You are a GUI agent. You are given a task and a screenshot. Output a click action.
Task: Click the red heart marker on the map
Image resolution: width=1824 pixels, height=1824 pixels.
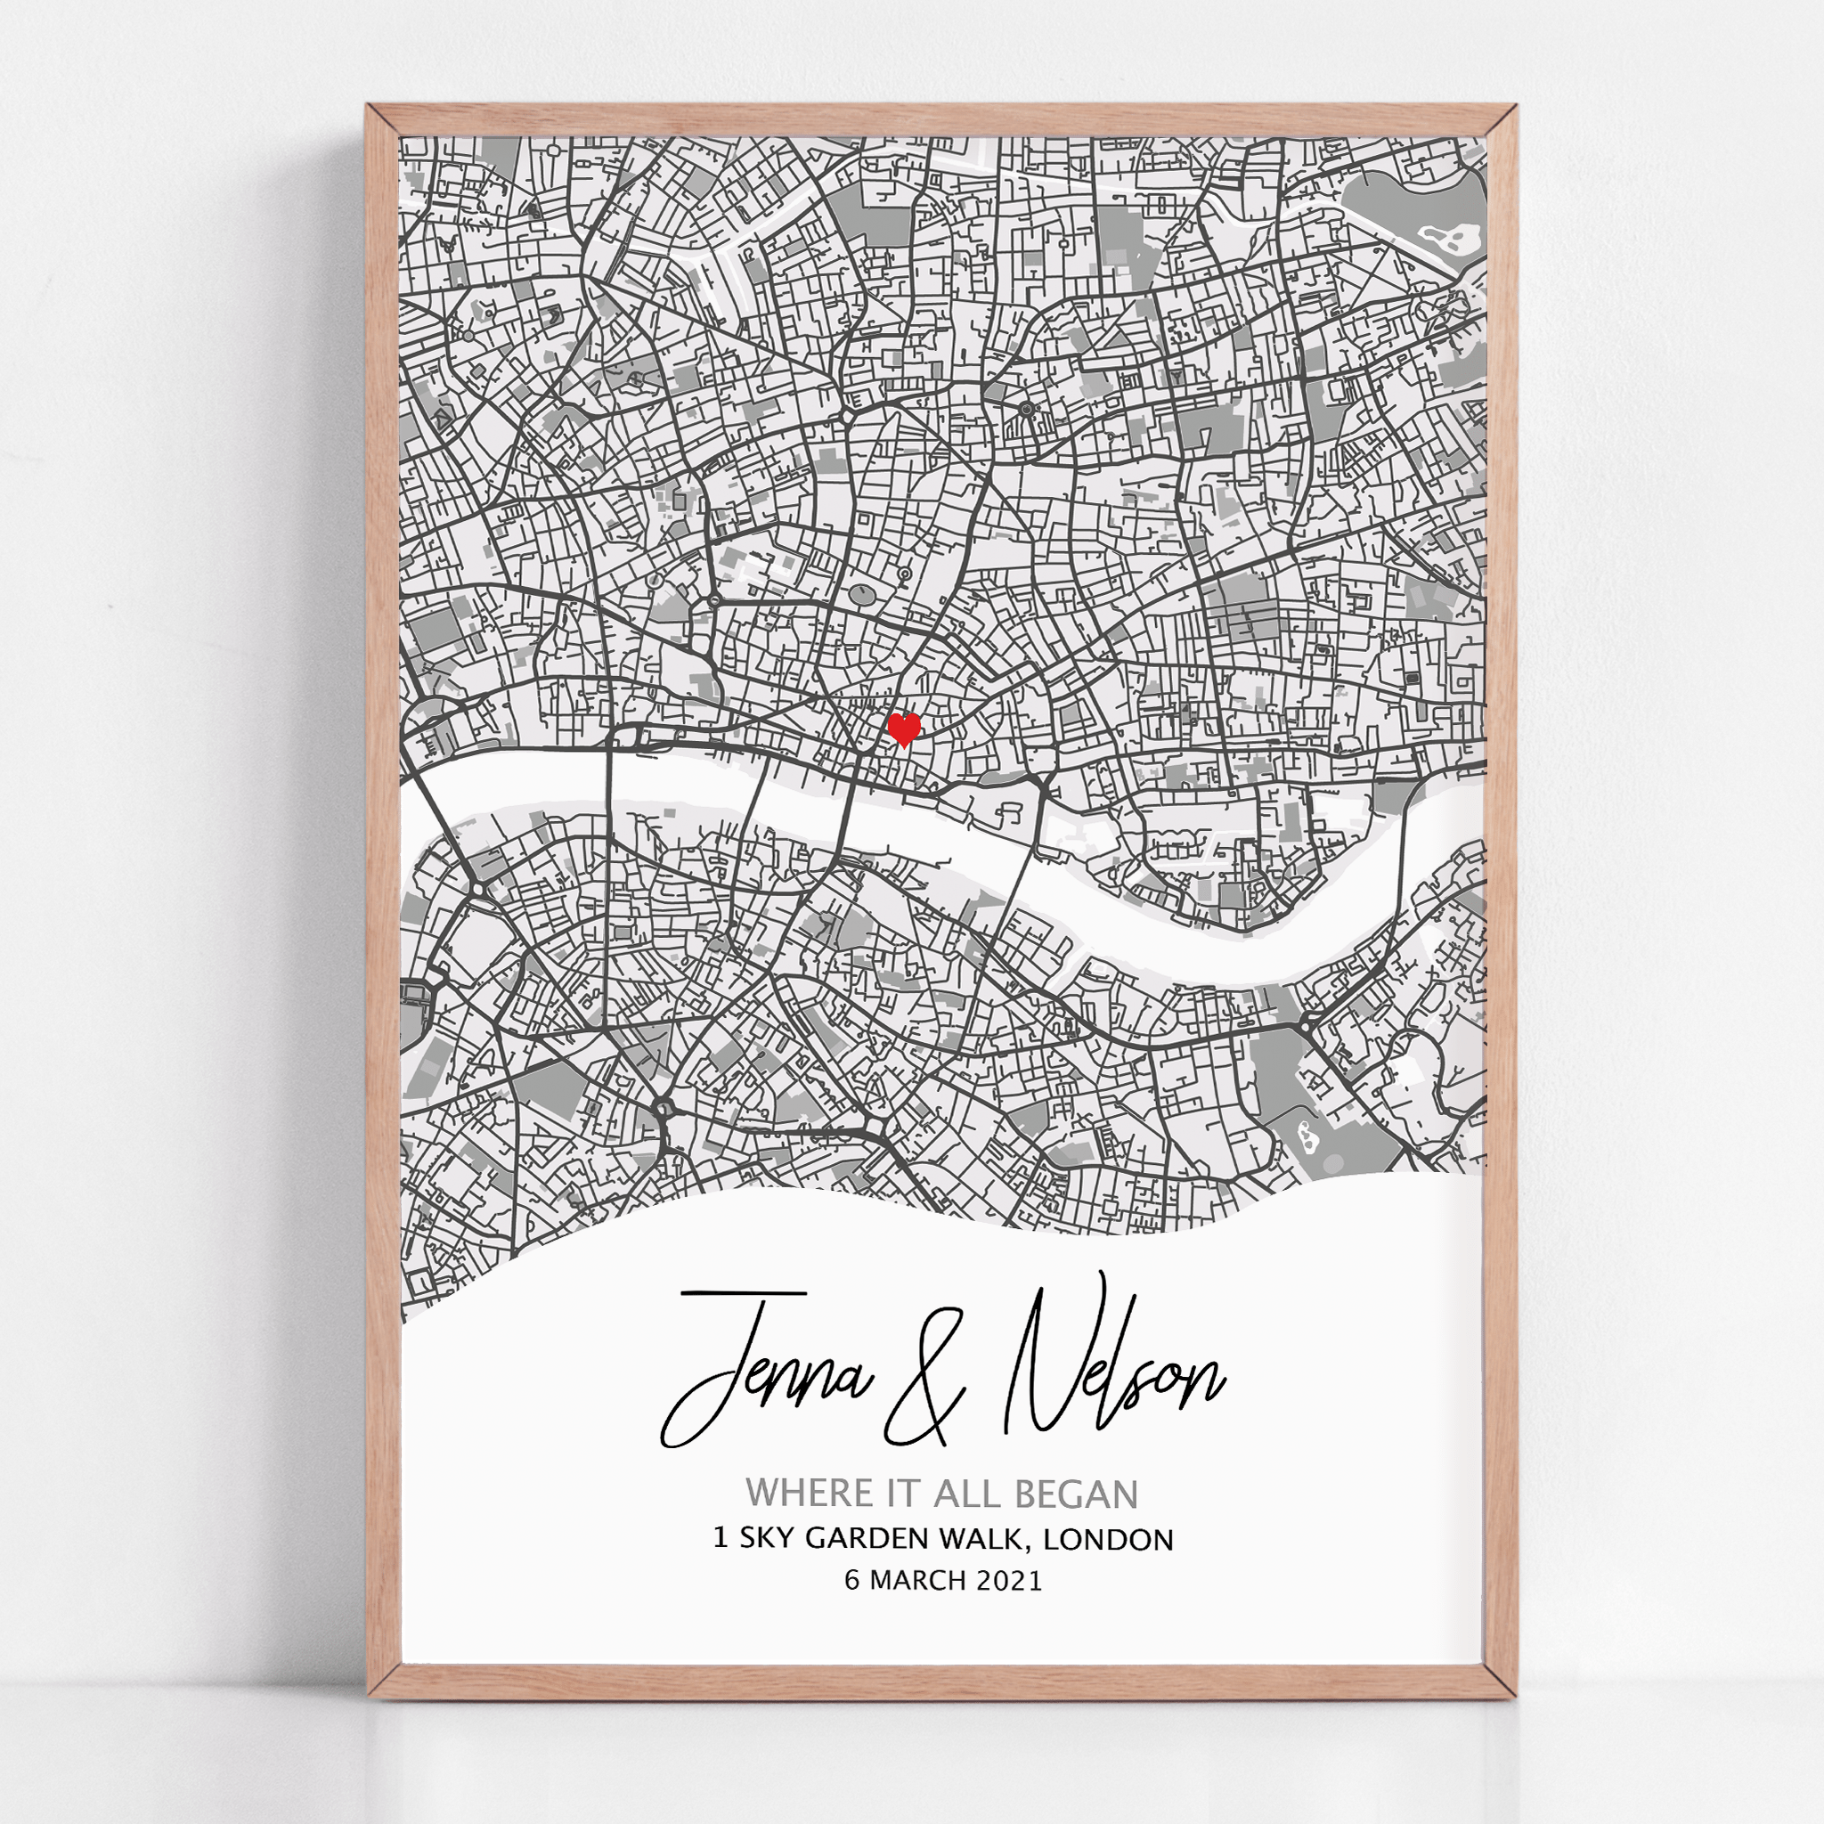(905, 729)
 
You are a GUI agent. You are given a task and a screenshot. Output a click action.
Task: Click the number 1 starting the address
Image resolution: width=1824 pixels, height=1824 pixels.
(721, 1539)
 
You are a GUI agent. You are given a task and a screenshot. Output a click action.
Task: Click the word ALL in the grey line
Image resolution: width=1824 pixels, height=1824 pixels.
(959, 1494)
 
